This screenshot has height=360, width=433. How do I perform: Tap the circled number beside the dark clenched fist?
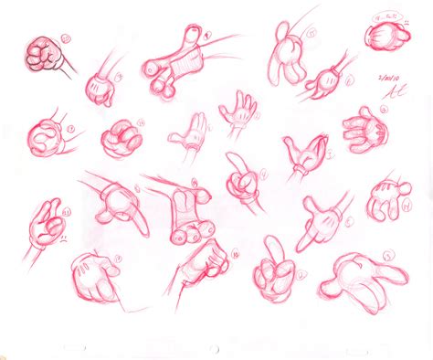(x=64, y=38)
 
